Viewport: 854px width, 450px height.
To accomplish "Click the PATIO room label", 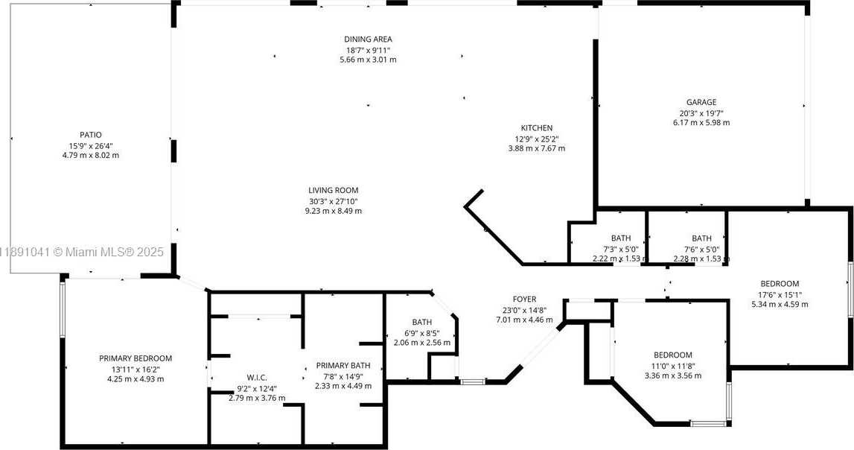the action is [x=91, y=135].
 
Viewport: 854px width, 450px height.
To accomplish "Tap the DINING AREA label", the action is [x=368, y=39].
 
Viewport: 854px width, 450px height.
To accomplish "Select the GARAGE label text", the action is [x=701, y=102].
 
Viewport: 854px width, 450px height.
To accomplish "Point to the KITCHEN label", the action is [x=537, y=128].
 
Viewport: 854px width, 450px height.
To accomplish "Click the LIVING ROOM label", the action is [x=334, y=190].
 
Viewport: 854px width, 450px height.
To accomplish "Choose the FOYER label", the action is [x=524, y=299].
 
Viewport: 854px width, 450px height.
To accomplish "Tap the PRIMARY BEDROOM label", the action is [x=136, y=358].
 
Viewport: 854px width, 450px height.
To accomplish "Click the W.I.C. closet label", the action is [x=257, y=378].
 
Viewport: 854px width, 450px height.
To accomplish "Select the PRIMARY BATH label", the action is [x=343, y=366].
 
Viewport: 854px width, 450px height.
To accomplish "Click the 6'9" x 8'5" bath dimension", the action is [x=422, y=332].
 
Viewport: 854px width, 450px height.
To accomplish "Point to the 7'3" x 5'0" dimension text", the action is [x=621, y=248].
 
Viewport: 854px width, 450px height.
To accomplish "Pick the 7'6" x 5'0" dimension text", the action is [x=701, y=248].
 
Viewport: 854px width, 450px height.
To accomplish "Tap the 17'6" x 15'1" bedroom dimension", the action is [x=780, y=294].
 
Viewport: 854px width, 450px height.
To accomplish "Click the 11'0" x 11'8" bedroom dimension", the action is [x=673, y=366].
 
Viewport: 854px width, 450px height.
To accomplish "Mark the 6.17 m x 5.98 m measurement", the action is [x=701, y=123].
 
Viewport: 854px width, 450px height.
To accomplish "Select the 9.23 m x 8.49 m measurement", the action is [x=334, y=211].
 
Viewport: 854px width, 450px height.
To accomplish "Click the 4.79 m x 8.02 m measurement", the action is [x=91, y=155].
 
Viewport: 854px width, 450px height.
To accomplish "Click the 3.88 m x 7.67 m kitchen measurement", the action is [x=537, y=148].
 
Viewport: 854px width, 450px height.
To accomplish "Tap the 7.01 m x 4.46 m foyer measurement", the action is [x=524, y=320].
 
